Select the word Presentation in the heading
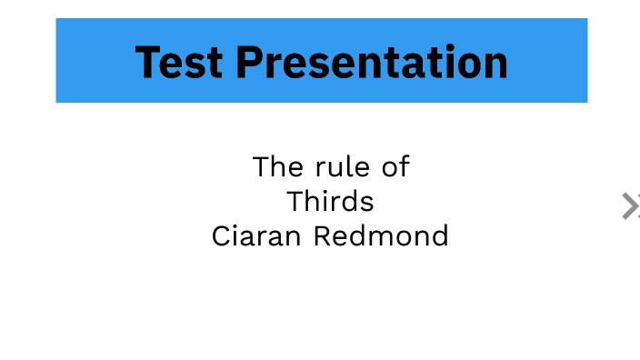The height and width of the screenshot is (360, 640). tap(372, 62)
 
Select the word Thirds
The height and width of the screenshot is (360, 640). tap(330, 201)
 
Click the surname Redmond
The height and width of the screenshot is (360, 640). tap(381, 236)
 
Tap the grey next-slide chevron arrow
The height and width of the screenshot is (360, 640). tap(630, 206)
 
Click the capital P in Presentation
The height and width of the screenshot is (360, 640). tap(251, 62)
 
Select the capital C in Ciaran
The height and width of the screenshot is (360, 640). tap(222, 236)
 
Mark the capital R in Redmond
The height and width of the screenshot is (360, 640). tap(323, 236)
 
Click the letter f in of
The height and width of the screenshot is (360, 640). tap(405, 167)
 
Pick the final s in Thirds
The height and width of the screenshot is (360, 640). tap(367, 202)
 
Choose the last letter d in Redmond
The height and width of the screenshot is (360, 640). tap(439, 236)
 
